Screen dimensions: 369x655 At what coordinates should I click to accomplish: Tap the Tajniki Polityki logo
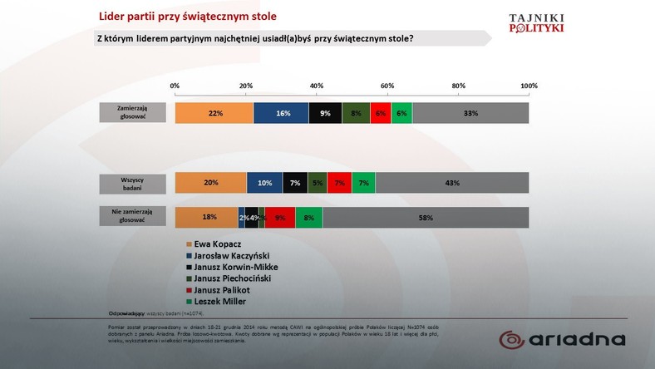coord(535,22)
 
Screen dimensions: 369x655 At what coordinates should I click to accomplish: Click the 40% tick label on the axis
coord(317,86)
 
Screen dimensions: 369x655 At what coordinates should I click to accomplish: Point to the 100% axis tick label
coord(528,86)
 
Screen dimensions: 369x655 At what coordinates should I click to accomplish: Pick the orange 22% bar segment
coord(214,113)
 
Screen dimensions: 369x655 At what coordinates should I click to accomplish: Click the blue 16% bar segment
coord(281,113)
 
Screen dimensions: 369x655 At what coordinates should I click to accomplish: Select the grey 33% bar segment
coord(470,113)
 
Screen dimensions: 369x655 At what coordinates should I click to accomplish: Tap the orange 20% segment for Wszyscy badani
coord(211,183)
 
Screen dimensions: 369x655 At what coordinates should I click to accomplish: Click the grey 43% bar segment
coord(452,183)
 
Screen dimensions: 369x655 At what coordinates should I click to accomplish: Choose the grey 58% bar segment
coord(426,217)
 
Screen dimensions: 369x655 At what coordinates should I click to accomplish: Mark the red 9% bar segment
coord(280,217)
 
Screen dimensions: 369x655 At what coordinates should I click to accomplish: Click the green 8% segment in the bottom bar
coord(308,217)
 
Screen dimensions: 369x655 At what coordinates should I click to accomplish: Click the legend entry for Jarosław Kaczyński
coord(229,255)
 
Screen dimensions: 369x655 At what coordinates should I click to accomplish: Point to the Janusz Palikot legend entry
coord(220,290)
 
